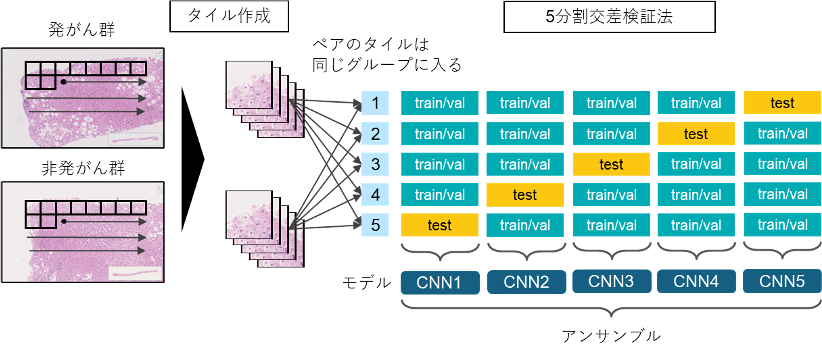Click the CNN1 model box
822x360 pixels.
pos(438,283)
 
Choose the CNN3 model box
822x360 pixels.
pos(610,283)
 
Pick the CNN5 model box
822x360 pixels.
pos(782,283)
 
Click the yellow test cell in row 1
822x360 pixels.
pos(782,102)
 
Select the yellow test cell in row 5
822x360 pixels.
pos(438,225)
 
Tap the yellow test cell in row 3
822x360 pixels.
pos(610,164)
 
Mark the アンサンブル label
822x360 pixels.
pos(609,334)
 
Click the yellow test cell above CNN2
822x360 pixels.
pos(524,194)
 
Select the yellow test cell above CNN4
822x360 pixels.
pos(696,133)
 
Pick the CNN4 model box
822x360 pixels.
pos(696,283)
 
